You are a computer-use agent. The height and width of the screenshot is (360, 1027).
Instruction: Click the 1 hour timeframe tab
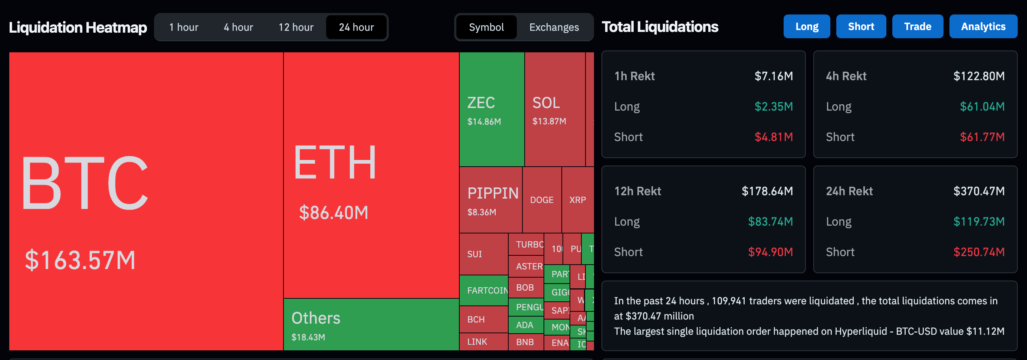pos(183,27)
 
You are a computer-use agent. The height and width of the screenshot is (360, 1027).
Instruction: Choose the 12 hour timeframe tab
pos(296,27)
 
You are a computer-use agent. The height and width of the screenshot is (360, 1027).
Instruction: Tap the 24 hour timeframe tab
pos(356,27)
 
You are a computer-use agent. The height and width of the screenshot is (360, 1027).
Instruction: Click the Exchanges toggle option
pos(554,27)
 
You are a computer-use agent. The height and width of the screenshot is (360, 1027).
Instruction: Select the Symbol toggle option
pos(486,27)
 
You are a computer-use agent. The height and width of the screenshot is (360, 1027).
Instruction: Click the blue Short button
pos(861,26)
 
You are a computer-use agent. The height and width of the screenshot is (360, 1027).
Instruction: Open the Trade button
pos(918,26)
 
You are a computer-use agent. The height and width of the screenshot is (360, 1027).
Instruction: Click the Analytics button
pos(983,26)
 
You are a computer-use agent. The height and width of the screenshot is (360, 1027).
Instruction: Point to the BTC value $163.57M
pos(80,260)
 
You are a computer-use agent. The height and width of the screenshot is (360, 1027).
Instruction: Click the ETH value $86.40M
pos(333,213)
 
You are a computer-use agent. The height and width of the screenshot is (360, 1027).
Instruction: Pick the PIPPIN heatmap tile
pos(490,199)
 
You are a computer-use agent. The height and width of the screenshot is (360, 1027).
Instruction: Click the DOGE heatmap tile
pos(541,200)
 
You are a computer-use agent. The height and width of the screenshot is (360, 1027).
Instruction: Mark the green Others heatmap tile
pos(371,324)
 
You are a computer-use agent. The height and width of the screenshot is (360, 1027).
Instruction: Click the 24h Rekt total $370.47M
pos(979,191)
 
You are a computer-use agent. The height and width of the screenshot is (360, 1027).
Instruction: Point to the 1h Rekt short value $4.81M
pos(774,137)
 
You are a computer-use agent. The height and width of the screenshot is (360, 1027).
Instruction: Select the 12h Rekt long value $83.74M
pos(770,221)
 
